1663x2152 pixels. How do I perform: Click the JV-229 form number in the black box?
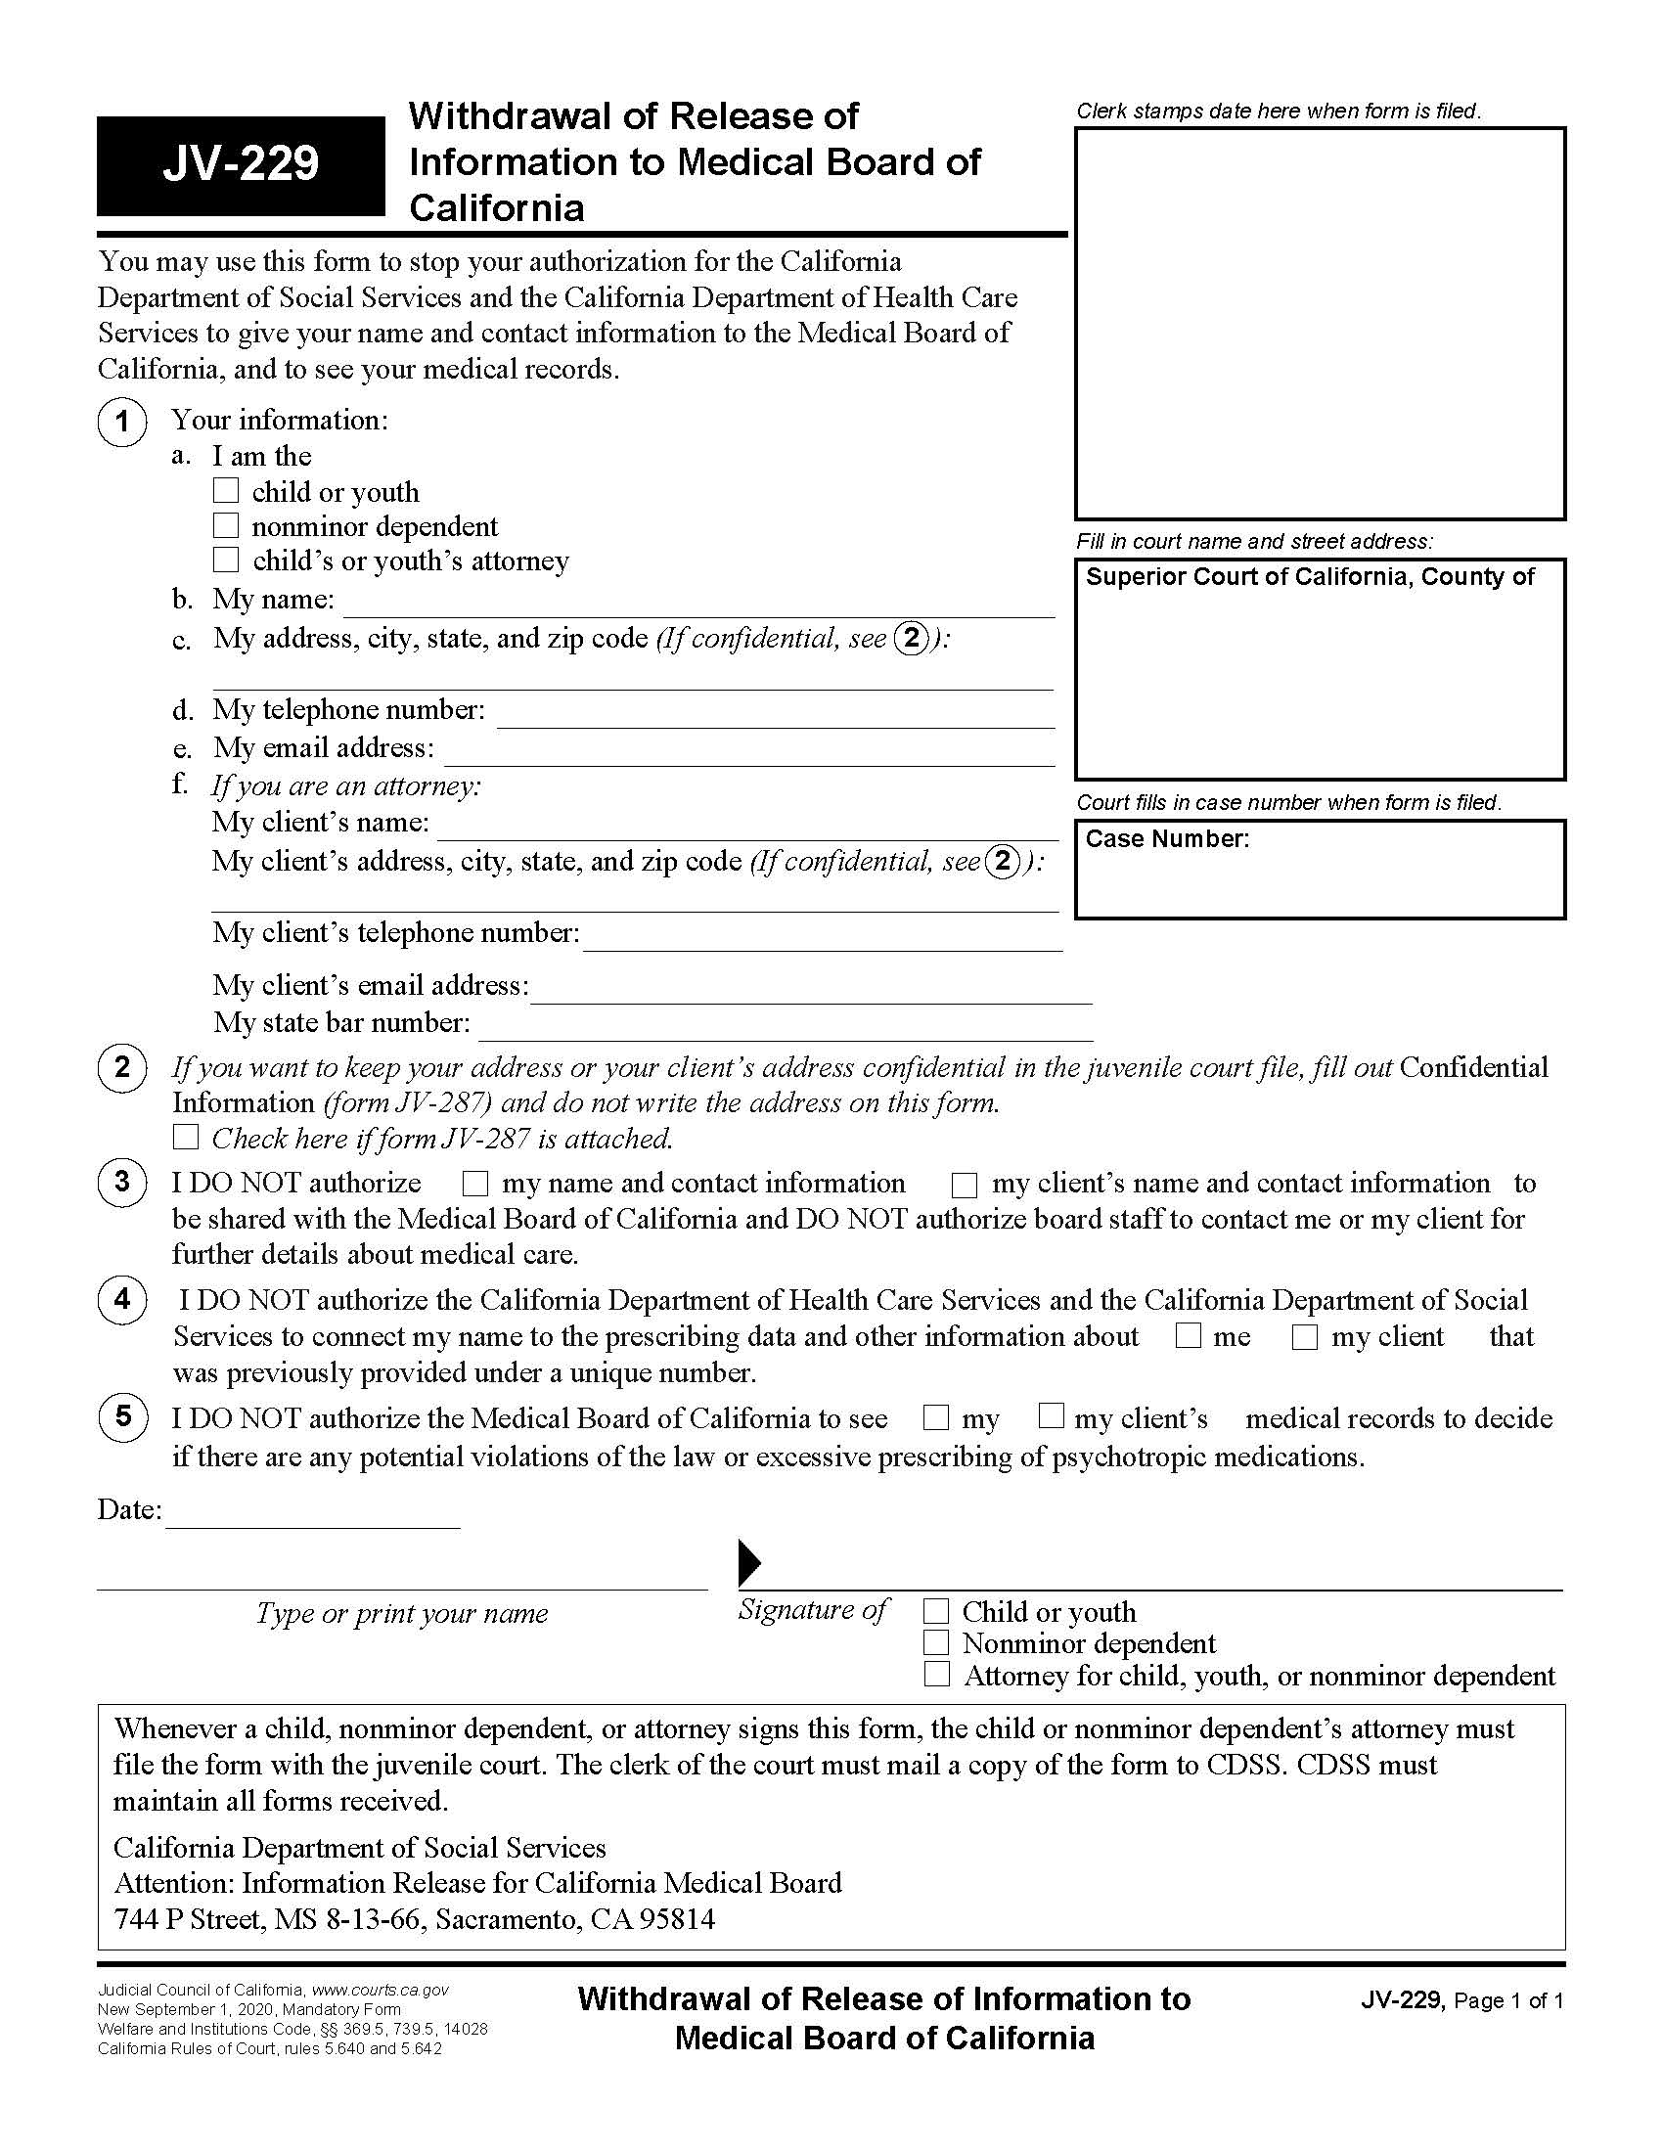241,163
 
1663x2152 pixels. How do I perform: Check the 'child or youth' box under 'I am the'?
226,490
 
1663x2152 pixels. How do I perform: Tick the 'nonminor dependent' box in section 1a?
226,525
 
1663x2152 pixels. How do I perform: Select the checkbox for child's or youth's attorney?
226,560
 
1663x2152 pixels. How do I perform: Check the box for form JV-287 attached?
185,1137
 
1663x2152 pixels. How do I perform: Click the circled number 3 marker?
122,1182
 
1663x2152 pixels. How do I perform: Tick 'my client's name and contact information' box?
964,1184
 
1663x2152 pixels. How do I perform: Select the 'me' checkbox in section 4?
1190,1336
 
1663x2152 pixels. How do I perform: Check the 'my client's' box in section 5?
1052,1416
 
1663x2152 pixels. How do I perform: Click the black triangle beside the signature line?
748,1562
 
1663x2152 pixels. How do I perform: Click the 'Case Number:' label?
1166,838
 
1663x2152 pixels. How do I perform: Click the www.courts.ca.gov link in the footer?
381,1990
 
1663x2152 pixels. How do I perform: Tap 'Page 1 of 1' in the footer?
1507,2001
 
